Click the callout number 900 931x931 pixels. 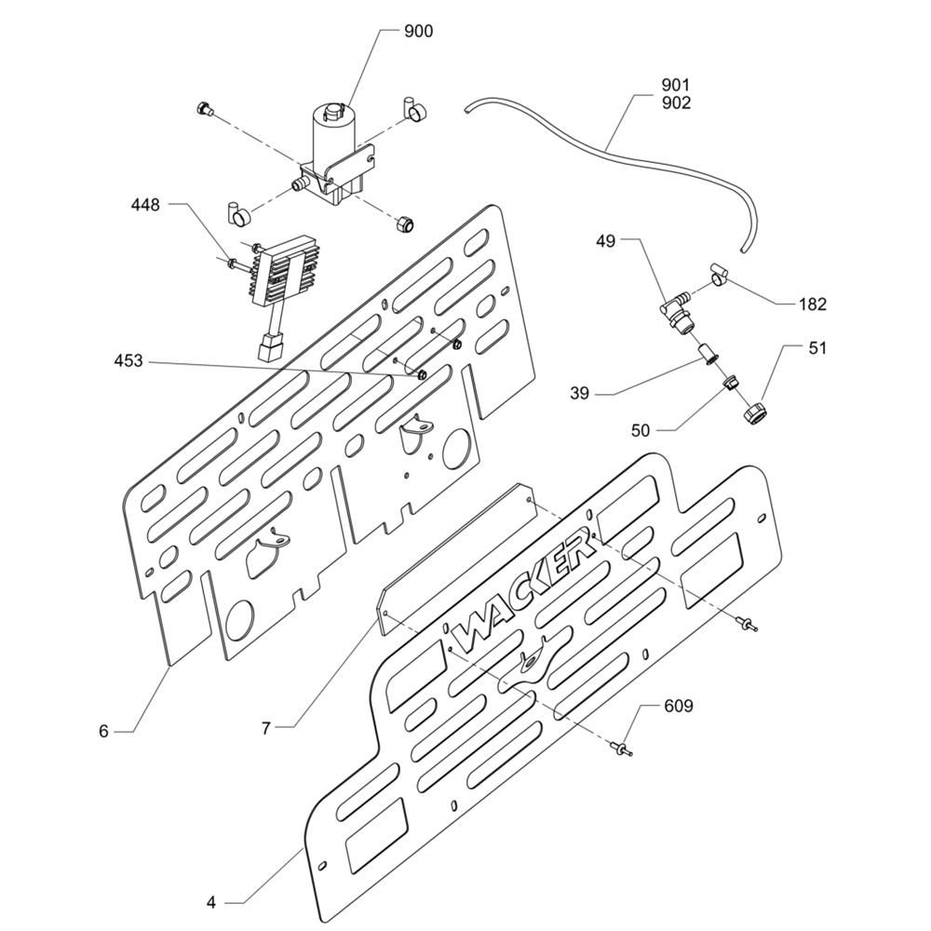point(418,32)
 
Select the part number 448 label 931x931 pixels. point(145,204)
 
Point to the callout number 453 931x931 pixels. point(128,360)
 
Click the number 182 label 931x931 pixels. point(812,304)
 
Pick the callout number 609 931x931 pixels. point(678,707)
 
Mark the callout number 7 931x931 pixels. point(265,729)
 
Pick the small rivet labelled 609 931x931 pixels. point(619,746)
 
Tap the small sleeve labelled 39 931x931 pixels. point(707,355)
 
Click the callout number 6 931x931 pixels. point(104,732)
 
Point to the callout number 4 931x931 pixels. point(211,902)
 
